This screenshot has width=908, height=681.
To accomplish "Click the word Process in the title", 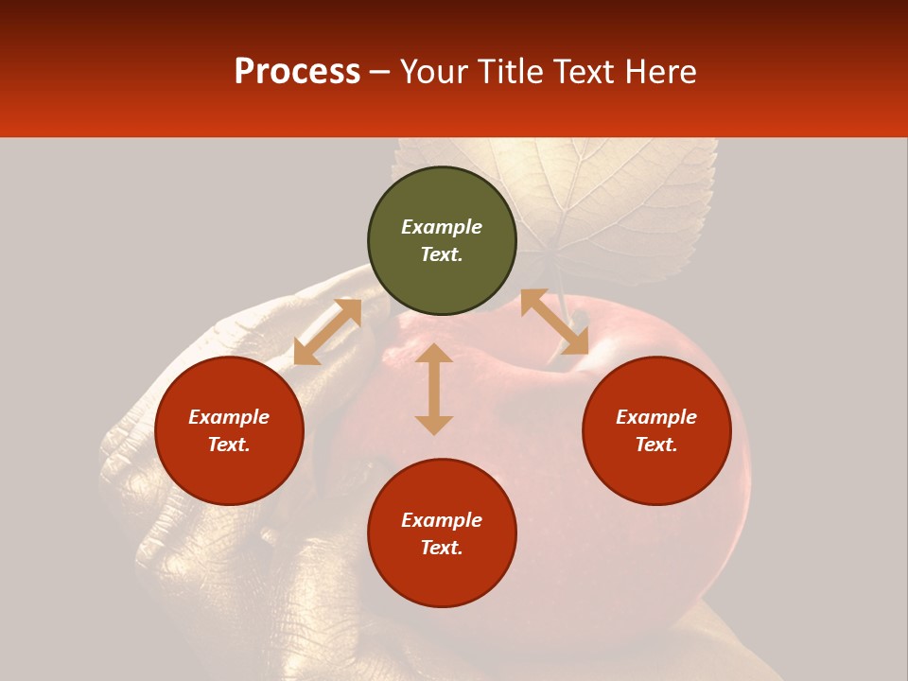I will pos(297,72).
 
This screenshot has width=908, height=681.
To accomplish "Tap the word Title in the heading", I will pos(510,72).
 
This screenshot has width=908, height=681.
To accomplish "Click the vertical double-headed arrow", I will pos(434,389).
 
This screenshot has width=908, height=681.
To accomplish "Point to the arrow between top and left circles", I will pos(327,332).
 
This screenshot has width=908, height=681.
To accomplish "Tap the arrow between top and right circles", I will pos(554,322).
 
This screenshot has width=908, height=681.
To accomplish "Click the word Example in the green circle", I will pos(442,227).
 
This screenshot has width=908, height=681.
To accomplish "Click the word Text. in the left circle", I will pos(229,445).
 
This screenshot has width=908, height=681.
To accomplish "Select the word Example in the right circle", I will pos(656,417).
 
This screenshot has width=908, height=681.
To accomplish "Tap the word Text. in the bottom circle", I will pos(442,548).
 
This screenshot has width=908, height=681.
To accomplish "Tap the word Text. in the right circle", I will pos(656,445).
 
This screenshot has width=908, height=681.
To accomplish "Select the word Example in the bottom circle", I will pos(442,520).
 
